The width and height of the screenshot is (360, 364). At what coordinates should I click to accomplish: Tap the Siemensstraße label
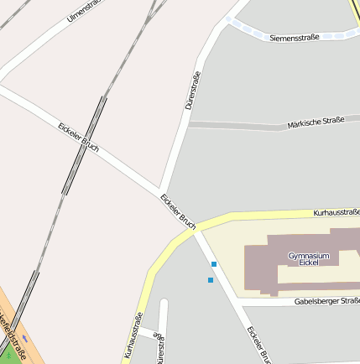(x=295, y=37)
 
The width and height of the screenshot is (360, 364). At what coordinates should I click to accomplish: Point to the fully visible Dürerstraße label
(x=193, y=91)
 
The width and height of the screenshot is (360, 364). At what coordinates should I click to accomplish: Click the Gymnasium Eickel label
(x=309, y=258)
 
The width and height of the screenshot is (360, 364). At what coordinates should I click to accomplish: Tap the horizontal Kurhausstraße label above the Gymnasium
(x=337, y=213)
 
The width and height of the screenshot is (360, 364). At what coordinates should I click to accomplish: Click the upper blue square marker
(x=214, y=264)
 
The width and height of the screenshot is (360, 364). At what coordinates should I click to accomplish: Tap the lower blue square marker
(x=210, y=280)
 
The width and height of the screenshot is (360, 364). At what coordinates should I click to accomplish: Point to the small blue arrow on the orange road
(x=25, y=338)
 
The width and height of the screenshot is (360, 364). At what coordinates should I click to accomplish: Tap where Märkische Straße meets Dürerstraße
(x=188, y=126)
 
